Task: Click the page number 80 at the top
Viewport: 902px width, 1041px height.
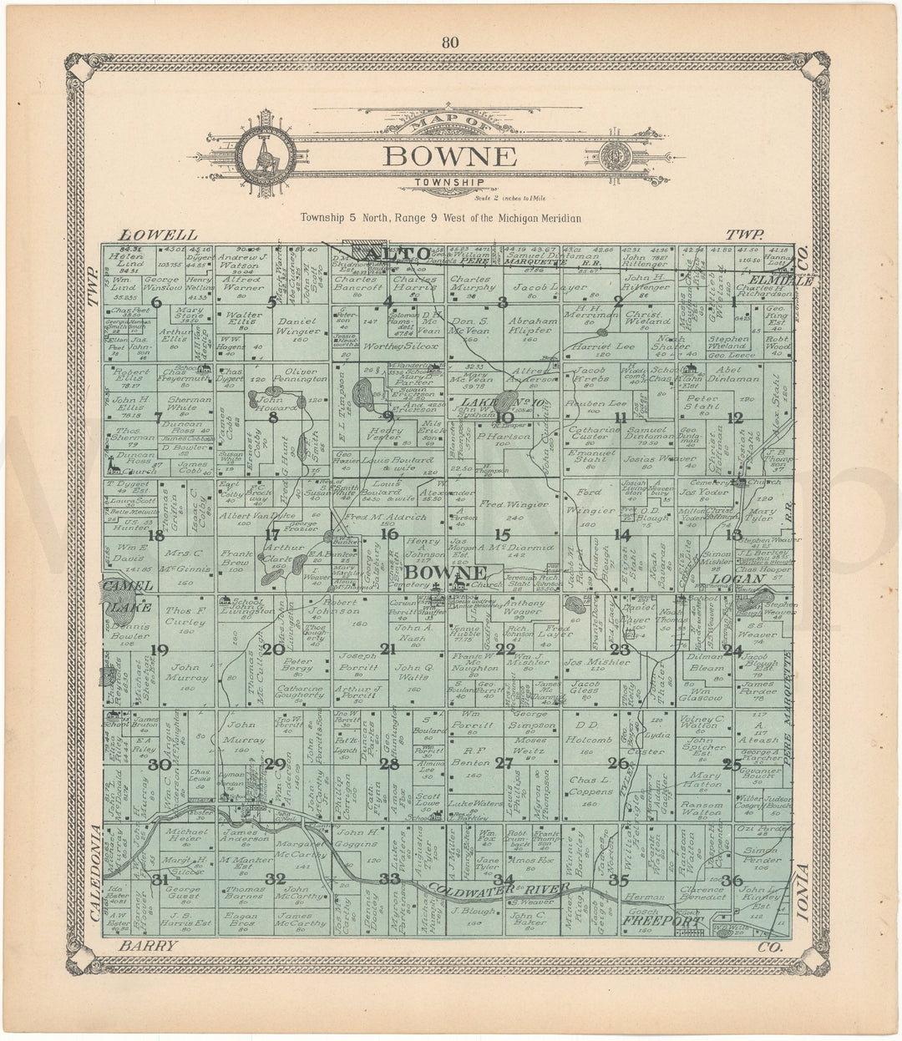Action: pos(451,43)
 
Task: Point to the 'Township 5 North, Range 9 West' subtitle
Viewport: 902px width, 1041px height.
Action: pos(442,219)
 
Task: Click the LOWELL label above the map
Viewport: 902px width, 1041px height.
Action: pos(158,235)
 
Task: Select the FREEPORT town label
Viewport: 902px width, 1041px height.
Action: pos(661,922)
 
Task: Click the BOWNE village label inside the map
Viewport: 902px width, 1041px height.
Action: pos(446,573)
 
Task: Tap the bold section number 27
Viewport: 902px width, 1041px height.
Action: pos(503,761)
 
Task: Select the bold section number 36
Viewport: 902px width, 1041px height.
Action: pos(732,880)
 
